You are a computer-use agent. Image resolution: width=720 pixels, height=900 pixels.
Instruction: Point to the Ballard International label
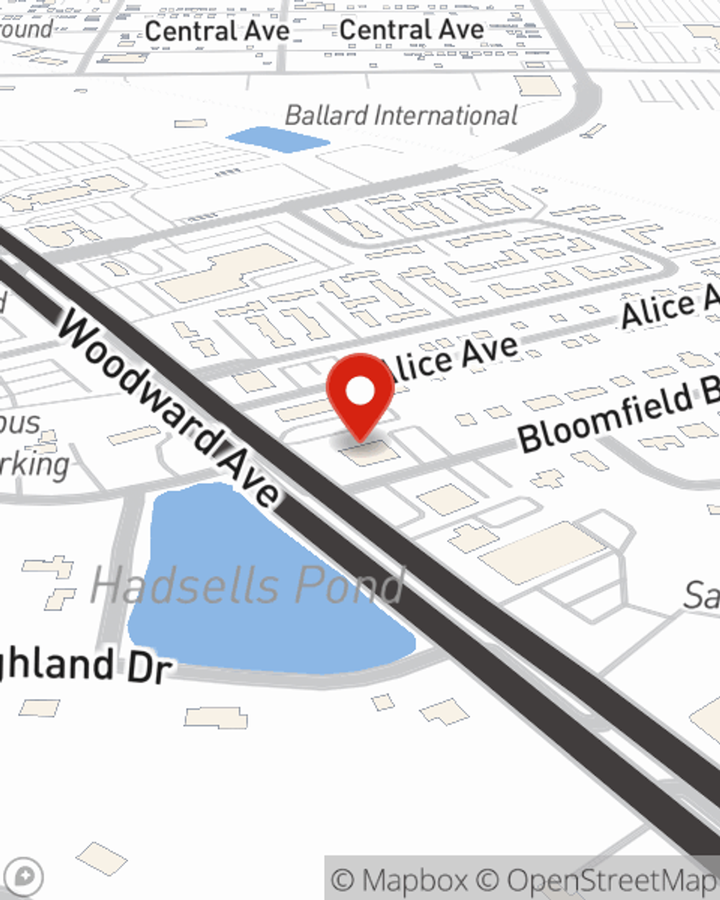point(401,115)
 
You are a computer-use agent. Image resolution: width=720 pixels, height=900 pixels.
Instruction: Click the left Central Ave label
point(217,31)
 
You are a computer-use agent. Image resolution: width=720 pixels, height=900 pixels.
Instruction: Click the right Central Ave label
point(412,30)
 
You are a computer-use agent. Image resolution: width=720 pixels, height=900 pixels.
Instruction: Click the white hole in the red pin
point(361,391)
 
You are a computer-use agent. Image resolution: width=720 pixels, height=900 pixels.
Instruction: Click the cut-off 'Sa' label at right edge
point(701,596)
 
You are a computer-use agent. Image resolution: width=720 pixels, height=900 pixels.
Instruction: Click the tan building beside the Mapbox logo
point(102,858)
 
